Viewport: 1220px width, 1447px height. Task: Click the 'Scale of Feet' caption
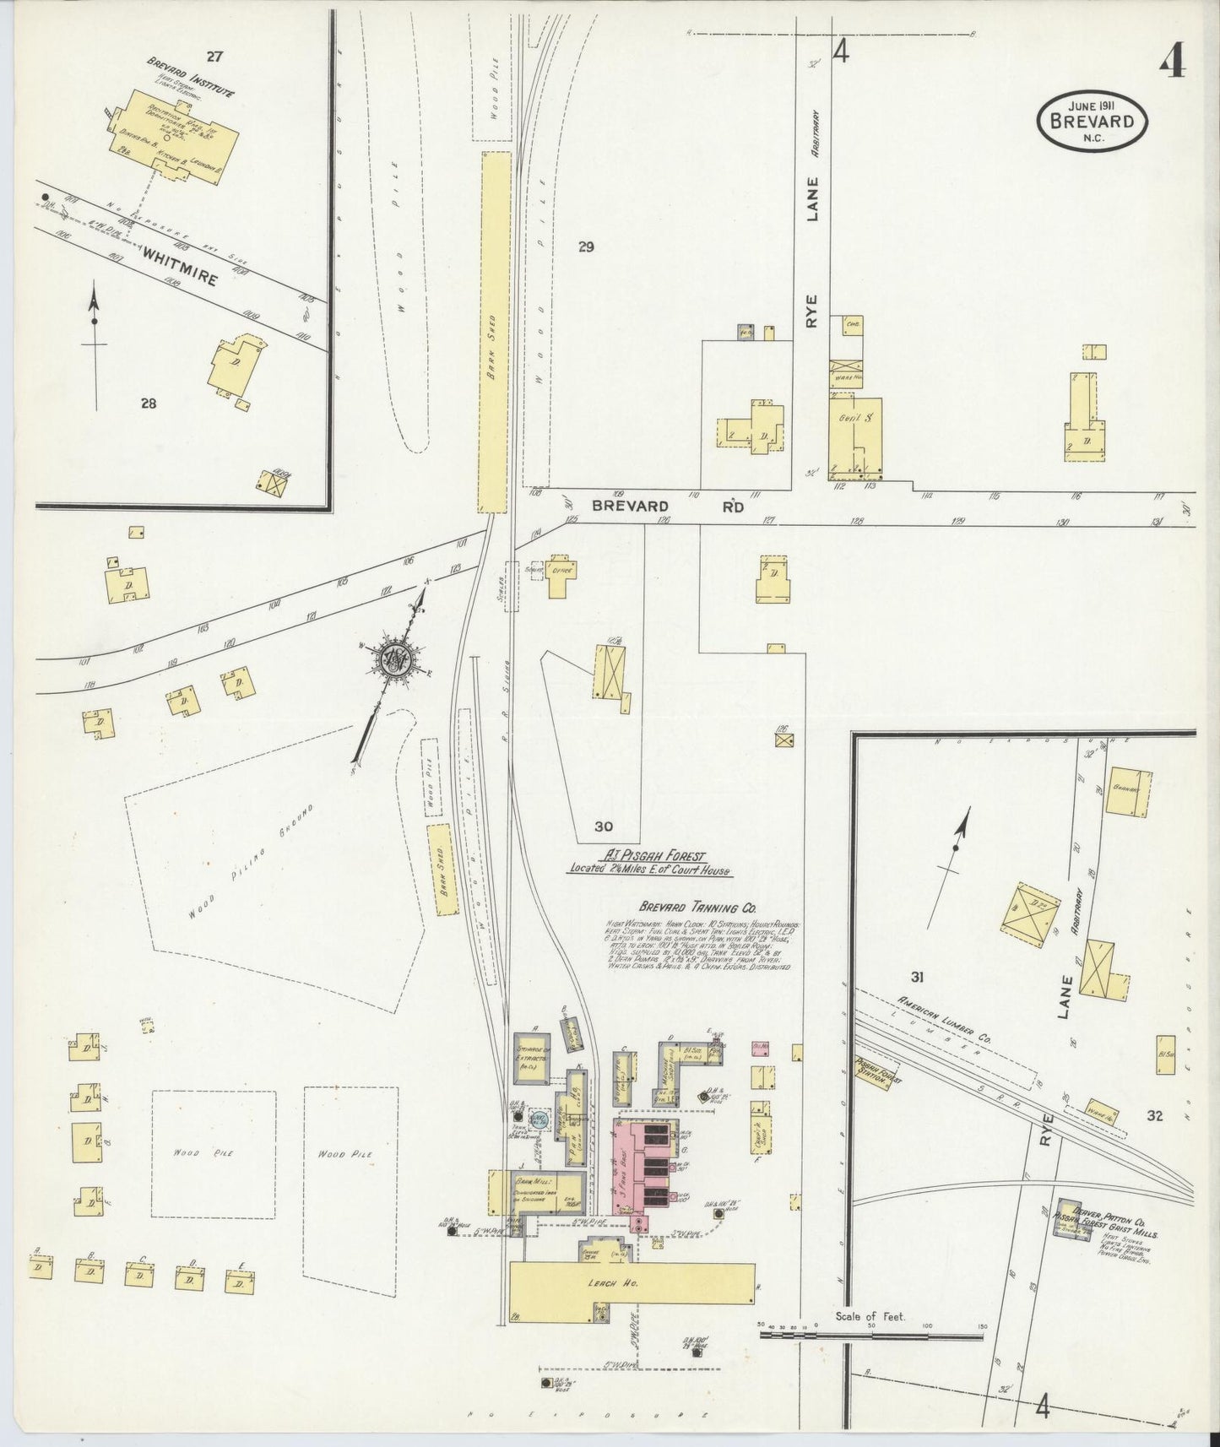pos(870,1316)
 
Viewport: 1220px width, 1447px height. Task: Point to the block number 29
pos(587,247)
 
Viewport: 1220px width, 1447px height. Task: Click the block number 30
pos(603,826)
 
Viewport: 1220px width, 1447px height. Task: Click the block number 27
pos(214,57)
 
